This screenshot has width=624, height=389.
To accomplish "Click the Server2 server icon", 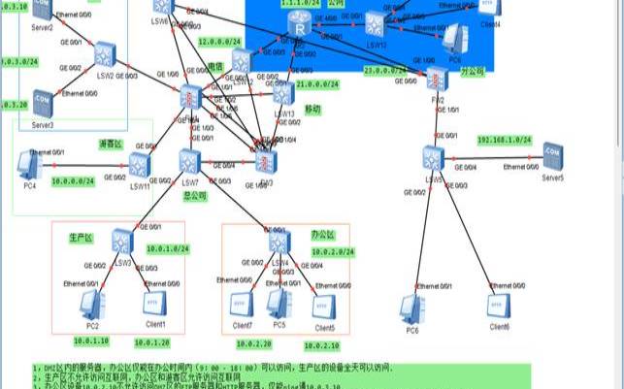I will [x=41, y=10].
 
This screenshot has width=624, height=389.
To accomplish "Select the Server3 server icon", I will [x=42, y=100].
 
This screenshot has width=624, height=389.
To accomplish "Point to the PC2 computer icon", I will [x=92, y=305].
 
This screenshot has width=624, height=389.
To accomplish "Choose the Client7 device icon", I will [x=243, y=305].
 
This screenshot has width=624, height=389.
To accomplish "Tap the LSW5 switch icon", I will [x=433, y=157].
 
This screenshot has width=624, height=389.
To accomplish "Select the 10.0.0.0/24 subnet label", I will [x=73, y=180].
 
